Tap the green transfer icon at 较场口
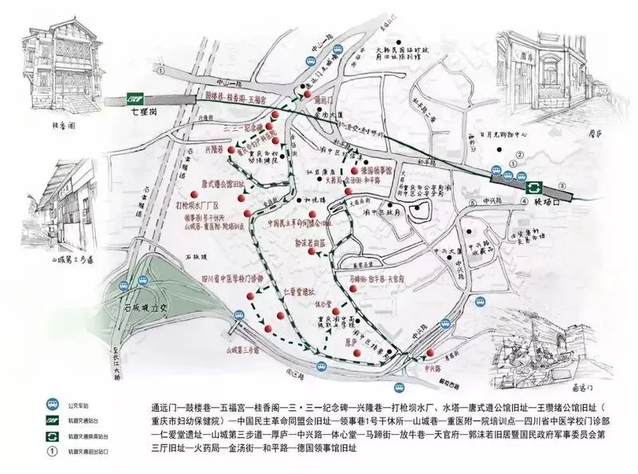[533, 186]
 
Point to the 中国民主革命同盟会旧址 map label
[301, 223]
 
